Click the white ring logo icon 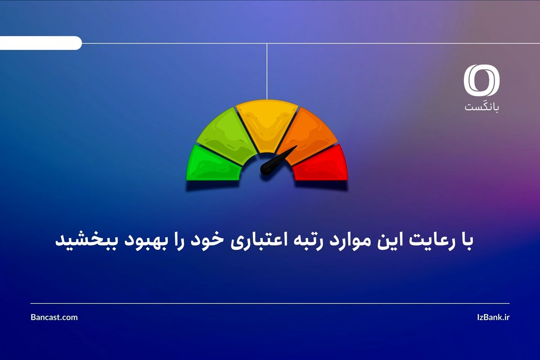pyautogui.click(x=482, y=81)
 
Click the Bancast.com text pyautogui.click(x=54, y=317)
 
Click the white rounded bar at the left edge pyautogui.click(x=40, y=43)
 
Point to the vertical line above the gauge pyautogui.click(x=267, y=72)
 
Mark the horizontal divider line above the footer pyautogui.click(x=270, y=303)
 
